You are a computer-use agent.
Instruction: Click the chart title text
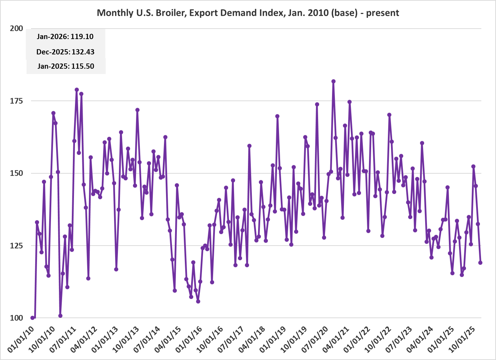tap(248, 13)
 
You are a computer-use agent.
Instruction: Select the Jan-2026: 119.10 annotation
tap(65, 37)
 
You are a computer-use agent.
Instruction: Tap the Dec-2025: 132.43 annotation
tap(65, 52)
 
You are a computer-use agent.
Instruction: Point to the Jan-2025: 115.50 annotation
tap(66, 66)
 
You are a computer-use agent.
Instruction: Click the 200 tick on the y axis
tap(16, 29)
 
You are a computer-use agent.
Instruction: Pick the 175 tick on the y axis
tap(16, 101)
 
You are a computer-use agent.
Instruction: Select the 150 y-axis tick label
tap(16, 173)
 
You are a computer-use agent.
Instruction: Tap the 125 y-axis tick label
tap(16, 246)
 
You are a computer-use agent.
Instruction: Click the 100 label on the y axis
tap(16, 318)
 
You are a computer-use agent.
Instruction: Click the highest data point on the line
tap(333, 81)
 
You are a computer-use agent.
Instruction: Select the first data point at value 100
tap(32, 318)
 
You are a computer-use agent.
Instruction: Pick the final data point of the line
tap(480, 263)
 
